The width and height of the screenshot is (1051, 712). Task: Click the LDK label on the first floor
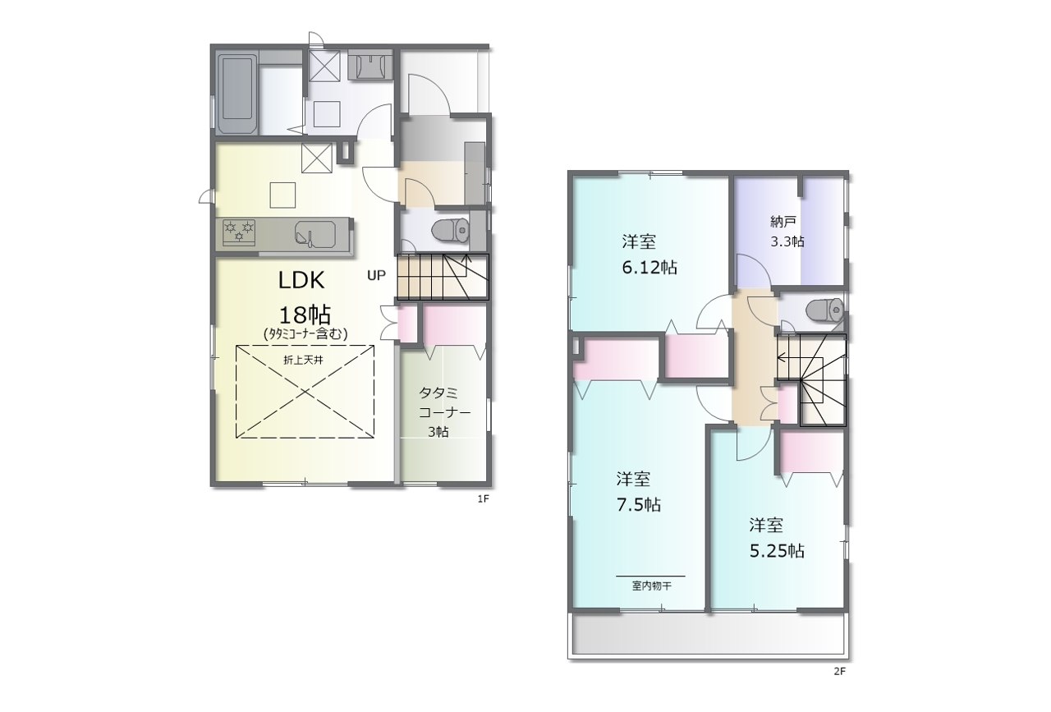click(x=301, y=280)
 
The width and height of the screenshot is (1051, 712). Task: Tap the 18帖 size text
click(x=305, y=315)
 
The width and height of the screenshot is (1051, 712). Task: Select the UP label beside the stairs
click(x=376, y=275)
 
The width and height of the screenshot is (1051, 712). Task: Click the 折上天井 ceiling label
click(x=304, y=360)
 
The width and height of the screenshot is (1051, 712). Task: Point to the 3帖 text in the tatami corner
click(x=438, y=432)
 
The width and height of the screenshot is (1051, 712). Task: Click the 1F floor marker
click(x=484, y=499)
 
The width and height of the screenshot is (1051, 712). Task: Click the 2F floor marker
click(x=839, y=672)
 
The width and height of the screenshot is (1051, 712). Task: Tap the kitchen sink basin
click(x=315, y=232)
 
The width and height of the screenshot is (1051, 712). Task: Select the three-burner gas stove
click(x=239, y=232)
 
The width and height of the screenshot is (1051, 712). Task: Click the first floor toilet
click(x=450, y=231)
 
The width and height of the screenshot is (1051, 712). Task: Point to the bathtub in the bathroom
click(x=238, y=94)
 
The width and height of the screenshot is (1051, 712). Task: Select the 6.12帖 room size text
click(x=649, y=268)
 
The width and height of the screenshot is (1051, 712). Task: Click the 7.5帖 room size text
click(x=639, y=505)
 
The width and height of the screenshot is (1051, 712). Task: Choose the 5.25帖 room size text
click(x=777, y=551)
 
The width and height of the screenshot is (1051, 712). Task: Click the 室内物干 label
click(x=651, y=586)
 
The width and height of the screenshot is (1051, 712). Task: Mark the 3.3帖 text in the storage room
click(x=787, y=241)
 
